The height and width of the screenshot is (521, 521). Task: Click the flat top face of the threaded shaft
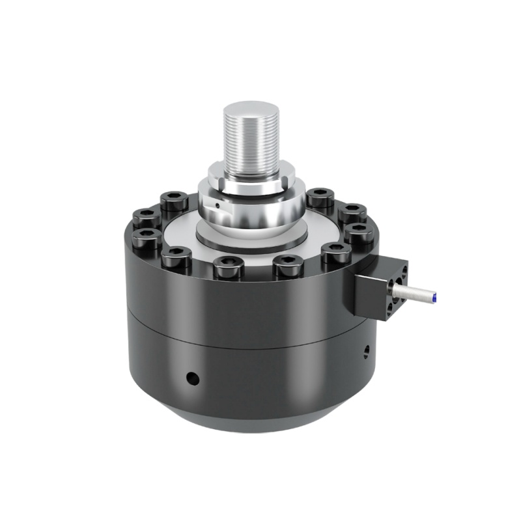pyautogui.click(x=251, y=108)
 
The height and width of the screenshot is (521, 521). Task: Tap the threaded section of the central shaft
pyautogui.click(x=251, y=140)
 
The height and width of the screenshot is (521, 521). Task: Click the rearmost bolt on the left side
pyautogui.click(x=174, y=200)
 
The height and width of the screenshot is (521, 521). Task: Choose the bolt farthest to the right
pyautogui.click(x=359, y=232)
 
